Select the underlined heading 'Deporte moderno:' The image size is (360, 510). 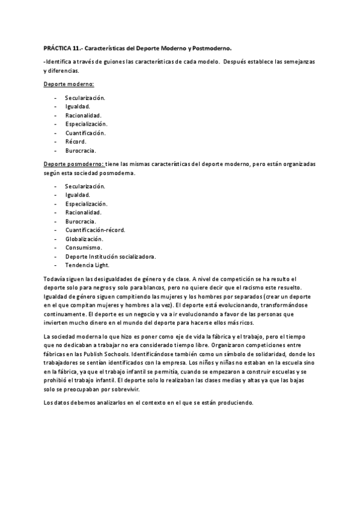(x=69, y=85)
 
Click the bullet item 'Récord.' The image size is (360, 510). (x=76, y=141)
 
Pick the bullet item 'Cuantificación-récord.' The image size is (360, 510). (x=95, y=230)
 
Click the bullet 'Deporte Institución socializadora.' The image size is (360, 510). (x=110, y=256)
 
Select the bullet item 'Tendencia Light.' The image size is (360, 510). (x=87, y=265)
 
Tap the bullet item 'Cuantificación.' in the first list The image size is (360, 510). (x=85, y=132)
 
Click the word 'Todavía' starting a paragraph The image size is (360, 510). (x=55, y=278)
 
